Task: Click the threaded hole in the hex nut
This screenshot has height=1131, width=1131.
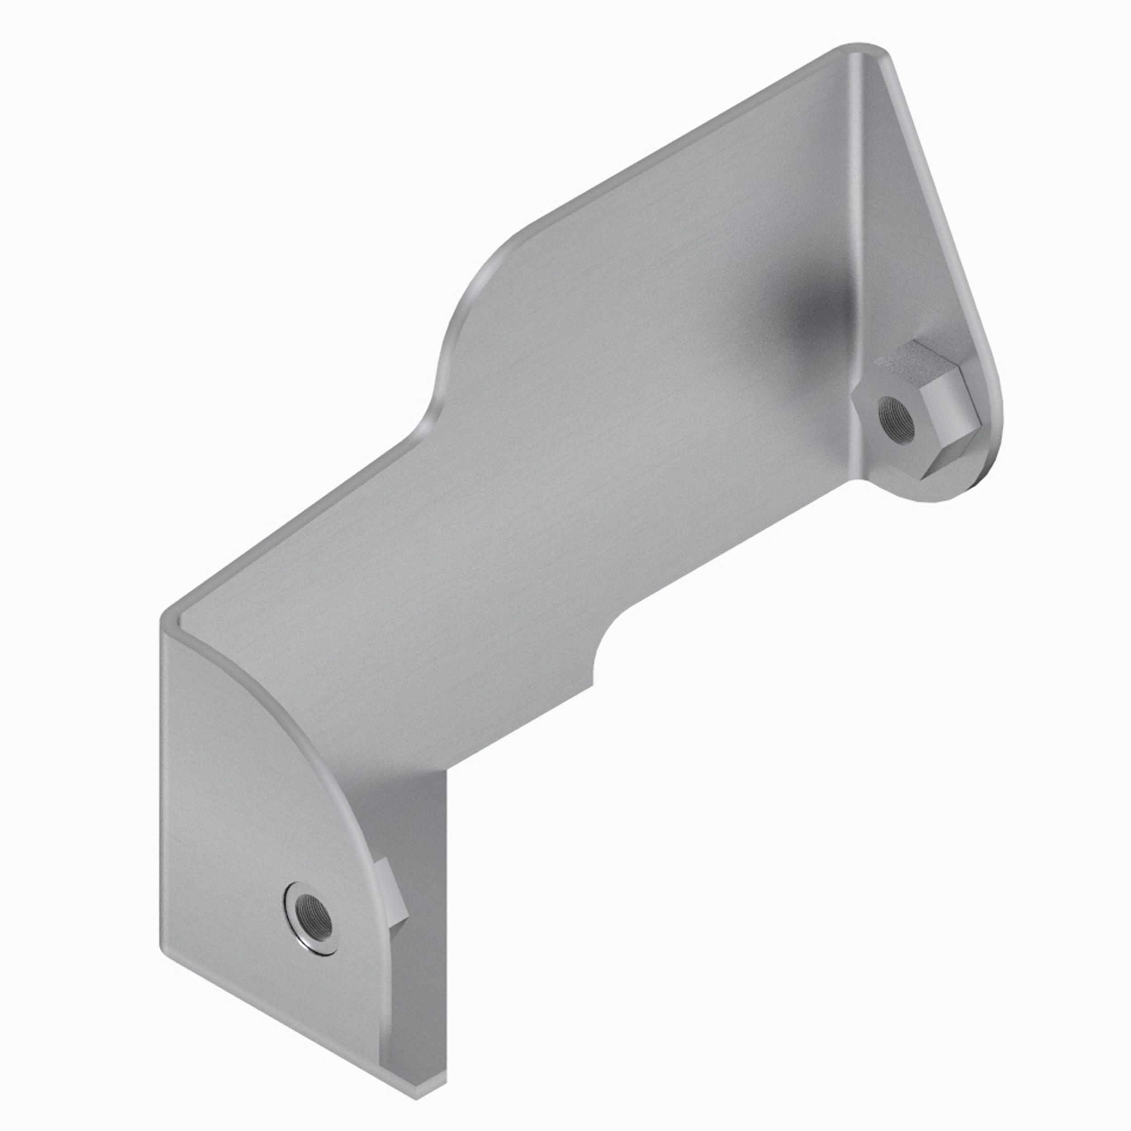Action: coord(897,420)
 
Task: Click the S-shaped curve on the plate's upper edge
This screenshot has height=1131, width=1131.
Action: coord(462,328)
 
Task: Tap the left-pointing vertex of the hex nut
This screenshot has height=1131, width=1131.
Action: coord(854,404)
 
